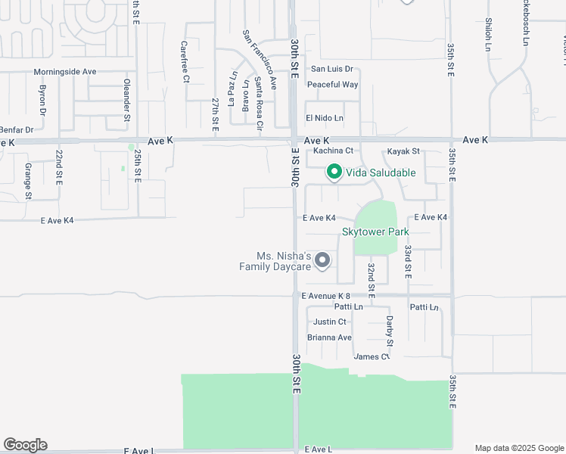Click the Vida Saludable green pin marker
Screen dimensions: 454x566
point(334,173)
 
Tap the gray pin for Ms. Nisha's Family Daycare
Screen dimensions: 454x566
point(322,260)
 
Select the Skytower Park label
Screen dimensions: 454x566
point(375,232)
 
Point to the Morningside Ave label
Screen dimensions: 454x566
point(65,72)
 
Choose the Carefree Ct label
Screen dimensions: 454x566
point(185,62)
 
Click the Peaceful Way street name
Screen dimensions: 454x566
point(333,84)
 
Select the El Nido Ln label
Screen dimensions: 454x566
point(324,118)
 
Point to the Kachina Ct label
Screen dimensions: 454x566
point(333,151)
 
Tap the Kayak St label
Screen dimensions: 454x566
point(403,152)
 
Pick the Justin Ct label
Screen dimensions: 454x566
point(329,322)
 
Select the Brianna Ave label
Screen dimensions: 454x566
point(329,337)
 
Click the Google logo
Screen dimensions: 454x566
point(25,445)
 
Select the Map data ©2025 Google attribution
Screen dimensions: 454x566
point(519,448)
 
